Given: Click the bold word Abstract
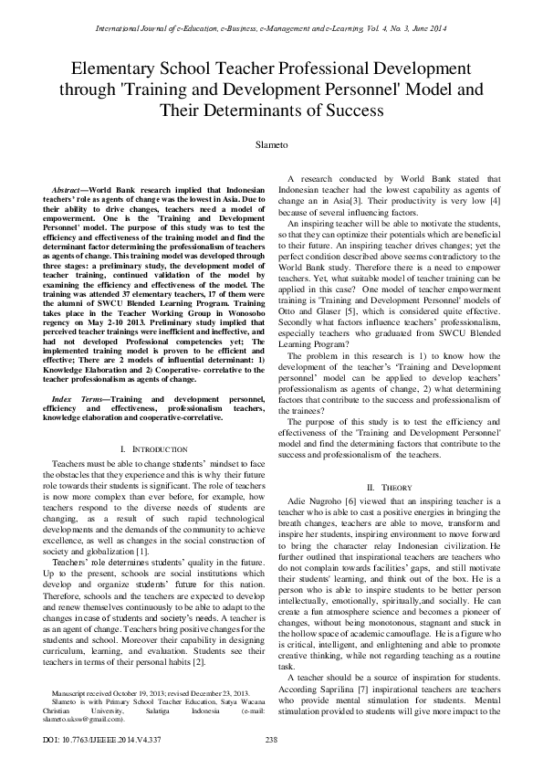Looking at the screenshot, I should point(69,187).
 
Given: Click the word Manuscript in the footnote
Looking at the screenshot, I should point(74,695).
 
